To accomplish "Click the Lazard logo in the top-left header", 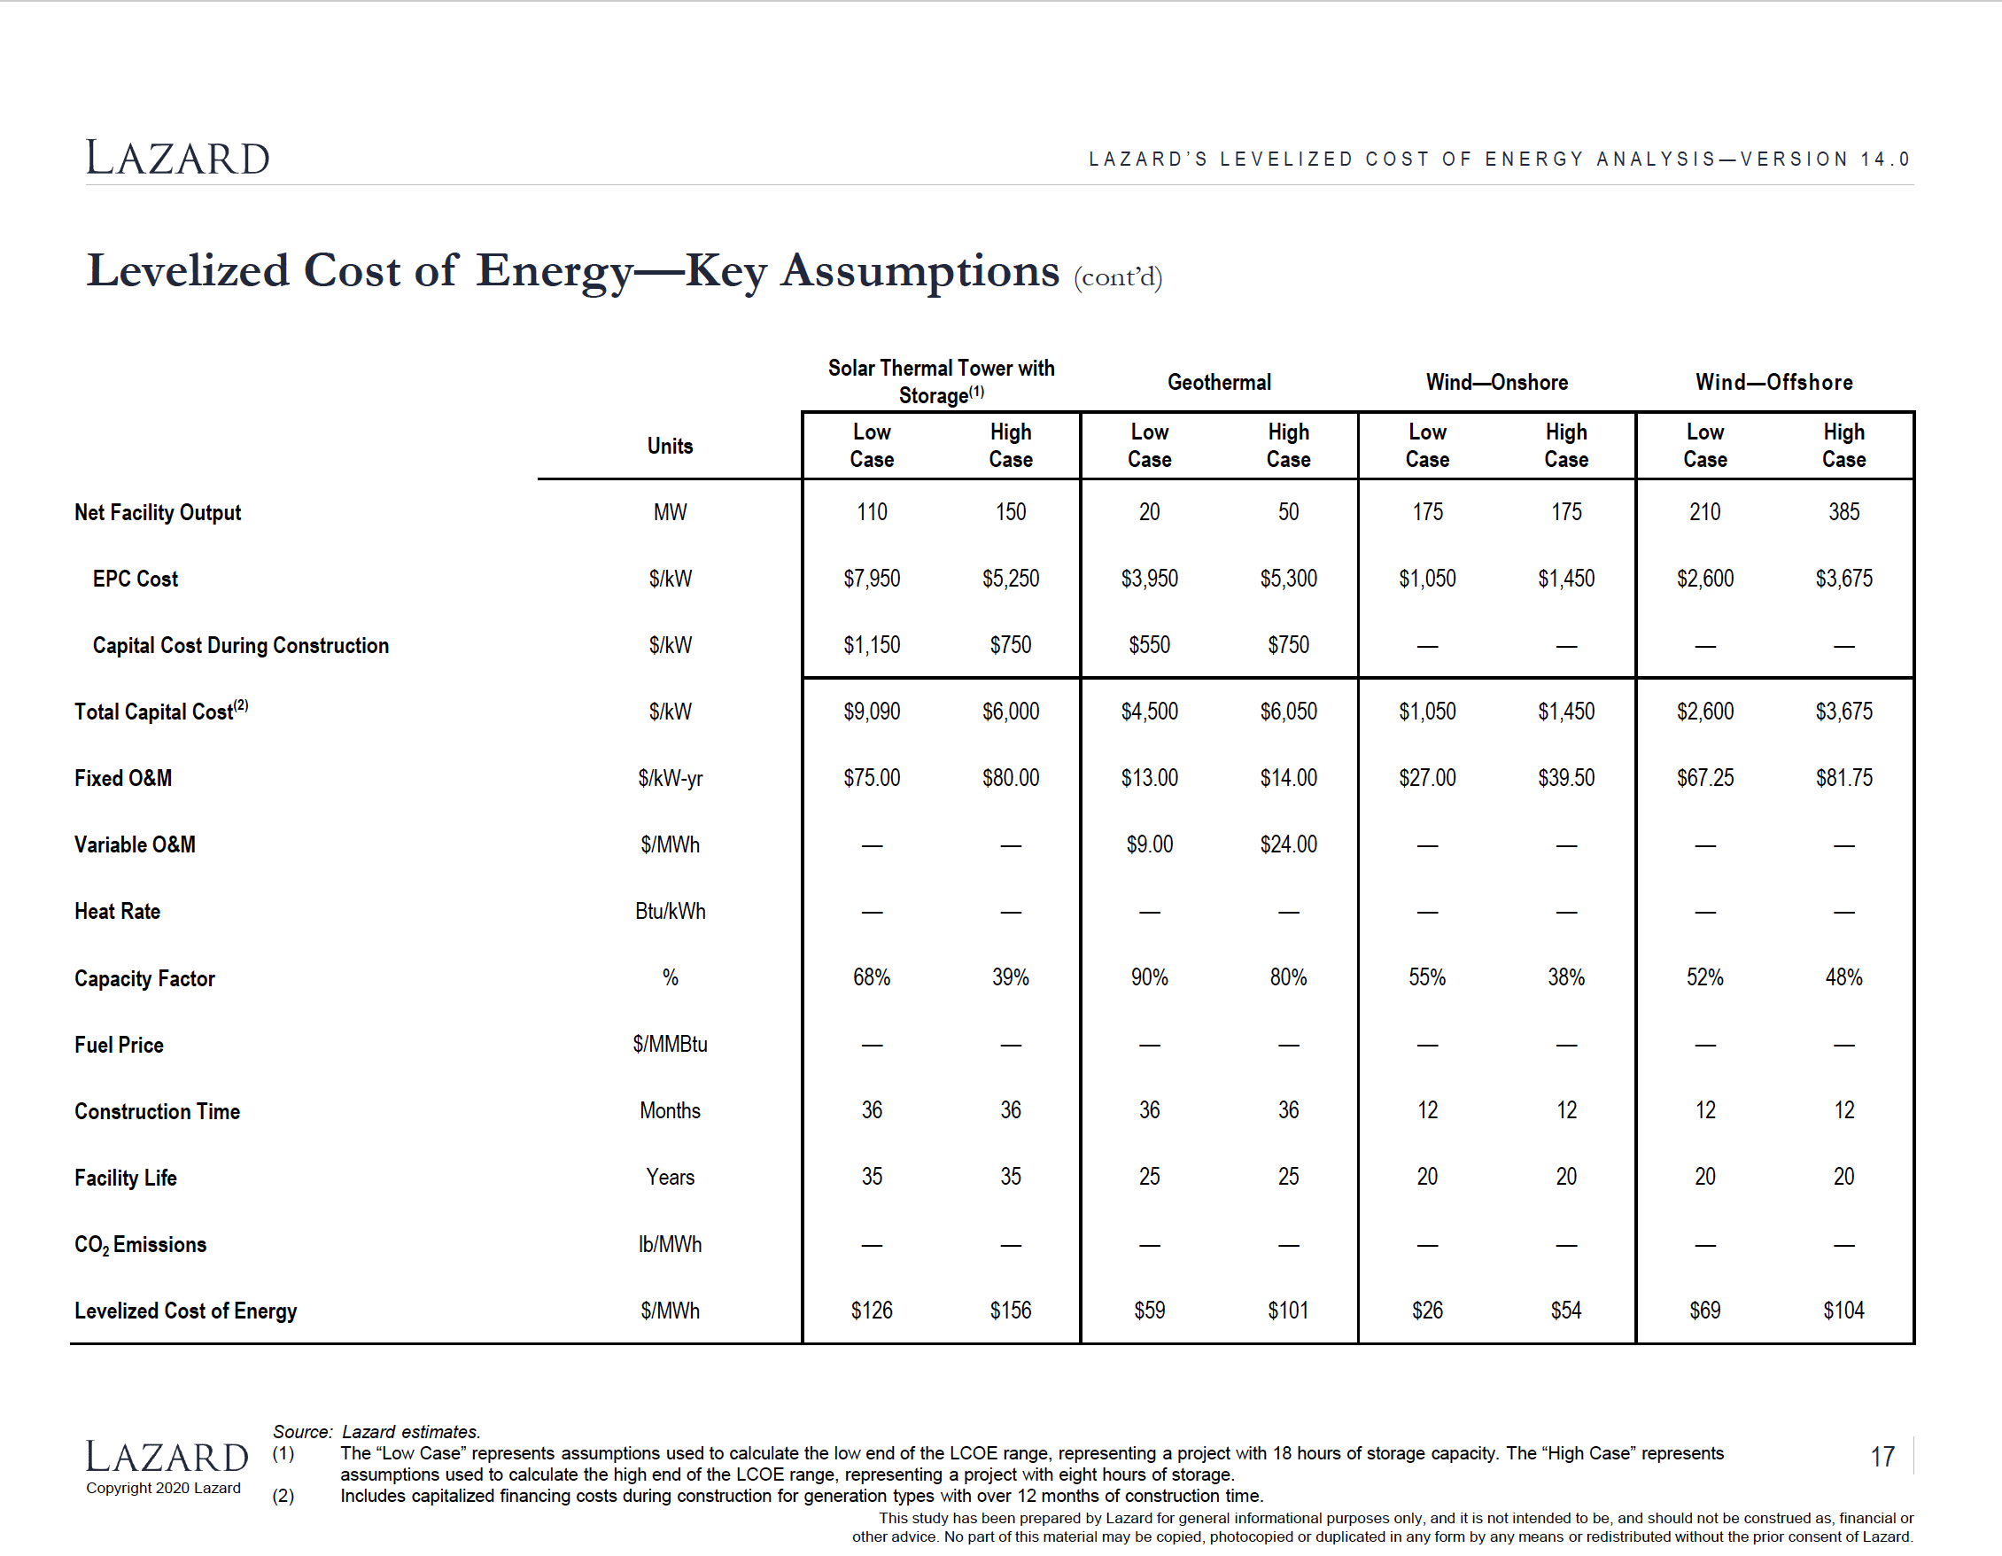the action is (178, 158).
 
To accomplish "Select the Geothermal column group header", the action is (1219, 382).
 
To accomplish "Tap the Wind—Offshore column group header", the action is (1773, 382).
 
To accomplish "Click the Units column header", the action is (670, 446).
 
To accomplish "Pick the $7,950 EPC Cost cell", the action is (872, 579).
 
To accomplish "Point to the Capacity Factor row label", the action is (144, 978).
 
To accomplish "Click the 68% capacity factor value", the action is (872, 977).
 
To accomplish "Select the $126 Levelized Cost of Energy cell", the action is (872, 1311).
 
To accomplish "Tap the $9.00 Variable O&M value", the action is (1150, 844).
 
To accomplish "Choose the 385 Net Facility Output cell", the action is (1844, 511).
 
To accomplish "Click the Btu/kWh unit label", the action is (670, 912).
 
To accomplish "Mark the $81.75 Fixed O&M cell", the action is (1844, 777).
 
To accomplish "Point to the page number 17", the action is (1882, 1457).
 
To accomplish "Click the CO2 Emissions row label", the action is (140, 1245).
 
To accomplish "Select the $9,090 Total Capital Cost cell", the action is (872, 712).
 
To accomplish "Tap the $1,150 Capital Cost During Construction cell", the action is (872, 644).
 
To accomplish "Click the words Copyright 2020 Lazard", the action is (163, 1488).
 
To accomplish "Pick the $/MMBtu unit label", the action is (670, 1045).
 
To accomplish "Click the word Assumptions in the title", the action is (920, 272).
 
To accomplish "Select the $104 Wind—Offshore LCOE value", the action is (1844, 1311).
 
